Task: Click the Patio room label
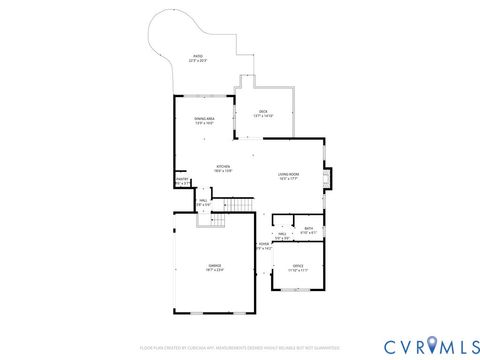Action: [x=197, y=56]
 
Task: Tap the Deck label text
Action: [x=263, y=111]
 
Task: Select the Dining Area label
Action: [x=205, y=119]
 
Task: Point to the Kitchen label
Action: [x=224, y=166]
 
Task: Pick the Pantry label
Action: [x=181, y=180]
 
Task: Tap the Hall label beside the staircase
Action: [x=203, y=200]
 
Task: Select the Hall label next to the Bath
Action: [x=282, y=234]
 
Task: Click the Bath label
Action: [x=309, y=228]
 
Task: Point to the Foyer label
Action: [x=264, y=243]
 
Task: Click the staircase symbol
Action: [x=241, y=205]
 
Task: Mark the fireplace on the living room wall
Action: [x=326, y=177]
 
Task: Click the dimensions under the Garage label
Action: [x=215, y=271]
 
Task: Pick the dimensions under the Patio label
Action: [x=197, y=61]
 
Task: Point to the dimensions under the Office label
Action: [x=298, y=271]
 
